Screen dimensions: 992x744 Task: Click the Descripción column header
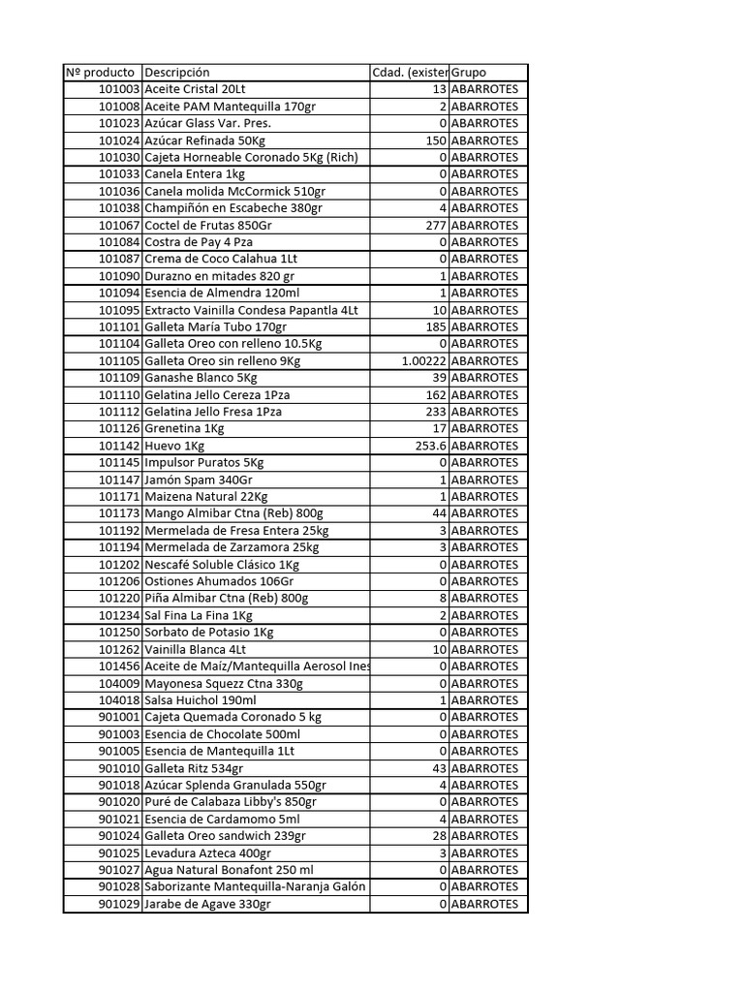177,73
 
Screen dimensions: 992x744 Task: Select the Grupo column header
469,73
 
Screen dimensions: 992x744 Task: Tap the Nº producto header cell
101,73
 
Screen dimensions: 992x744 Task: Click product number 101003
120,89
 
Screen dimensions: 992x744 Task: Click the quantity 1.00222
423,360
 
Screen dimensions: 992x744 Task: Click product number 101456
120,666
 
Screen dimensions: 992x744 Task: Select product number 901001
120,717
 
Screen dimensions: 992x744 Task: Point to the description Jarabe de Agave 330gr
207,904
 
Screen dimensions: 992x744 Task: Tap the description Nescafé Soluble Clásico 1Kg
222,564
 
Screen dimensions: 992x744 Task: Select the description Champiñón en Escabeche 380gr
233,208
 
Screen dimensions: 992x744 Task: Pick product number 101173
120,513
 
